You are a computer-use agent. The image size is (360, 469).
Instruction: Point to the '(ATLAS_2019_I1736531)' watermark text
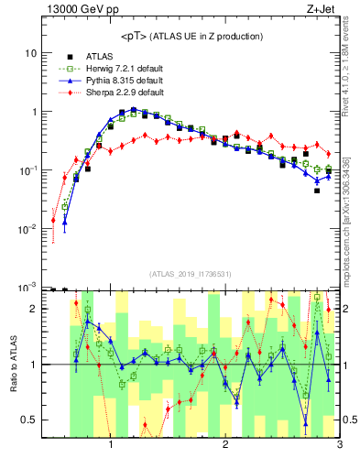191,274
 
